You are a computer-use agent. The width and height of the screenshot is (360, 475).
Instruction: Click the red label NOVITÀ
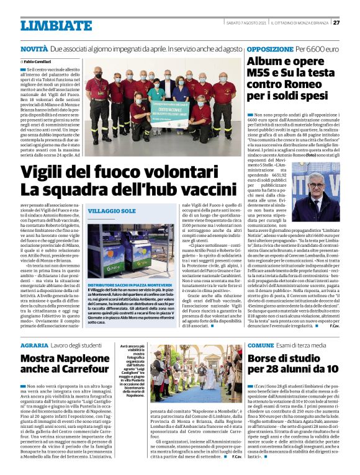(34, 48)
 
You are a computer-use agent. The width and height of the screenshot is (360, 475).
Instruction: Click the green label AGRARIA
(35, 345)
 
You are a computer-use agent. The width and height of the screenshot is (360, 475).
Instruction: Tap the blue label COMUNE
(261, 345)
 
